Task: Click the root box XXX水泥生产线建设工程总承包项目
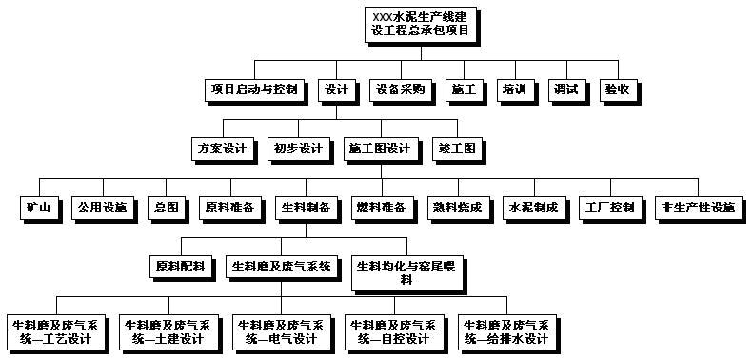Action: click(419, 25)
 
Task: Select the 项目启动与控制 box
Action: click(252, 90)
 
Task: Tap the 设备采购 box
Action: click(400, 90)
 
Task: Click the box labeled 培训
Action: click(514, 90)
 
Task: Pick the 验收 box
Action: click(617, 90)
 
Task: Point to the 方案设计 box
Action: click(222, 149)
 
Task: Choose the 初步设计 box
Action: click(298, 149)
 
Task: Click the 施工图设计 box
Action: click(379, 149)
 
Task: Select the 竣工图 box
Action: click(457, 149)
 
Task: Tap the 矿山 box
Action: click(38, 208)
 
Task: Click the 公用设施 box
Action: click(102, 208)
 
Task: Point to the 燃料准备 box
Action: click(381, 208)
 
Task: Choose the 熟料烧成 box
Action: click(457, 208)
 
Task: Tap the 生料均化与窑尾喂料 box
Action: click(406, 272)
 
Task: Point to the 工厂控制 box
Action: click(610, 208)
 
